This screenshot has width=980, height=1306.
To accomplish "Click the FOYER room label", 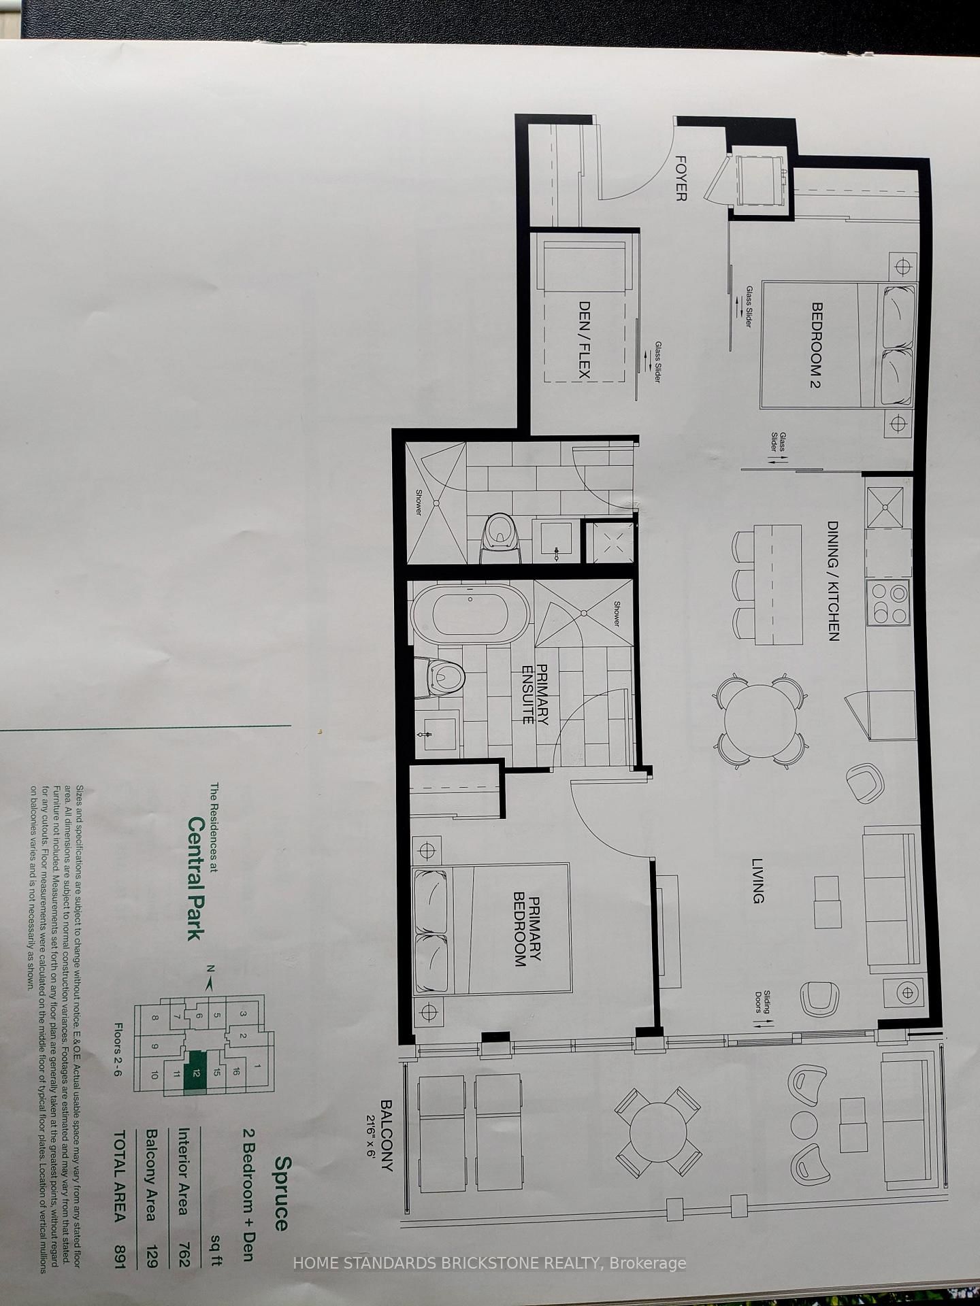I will pos(680,178).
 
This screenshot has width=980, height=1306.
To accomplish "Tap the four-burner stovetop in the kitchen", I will pos(888,603).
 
